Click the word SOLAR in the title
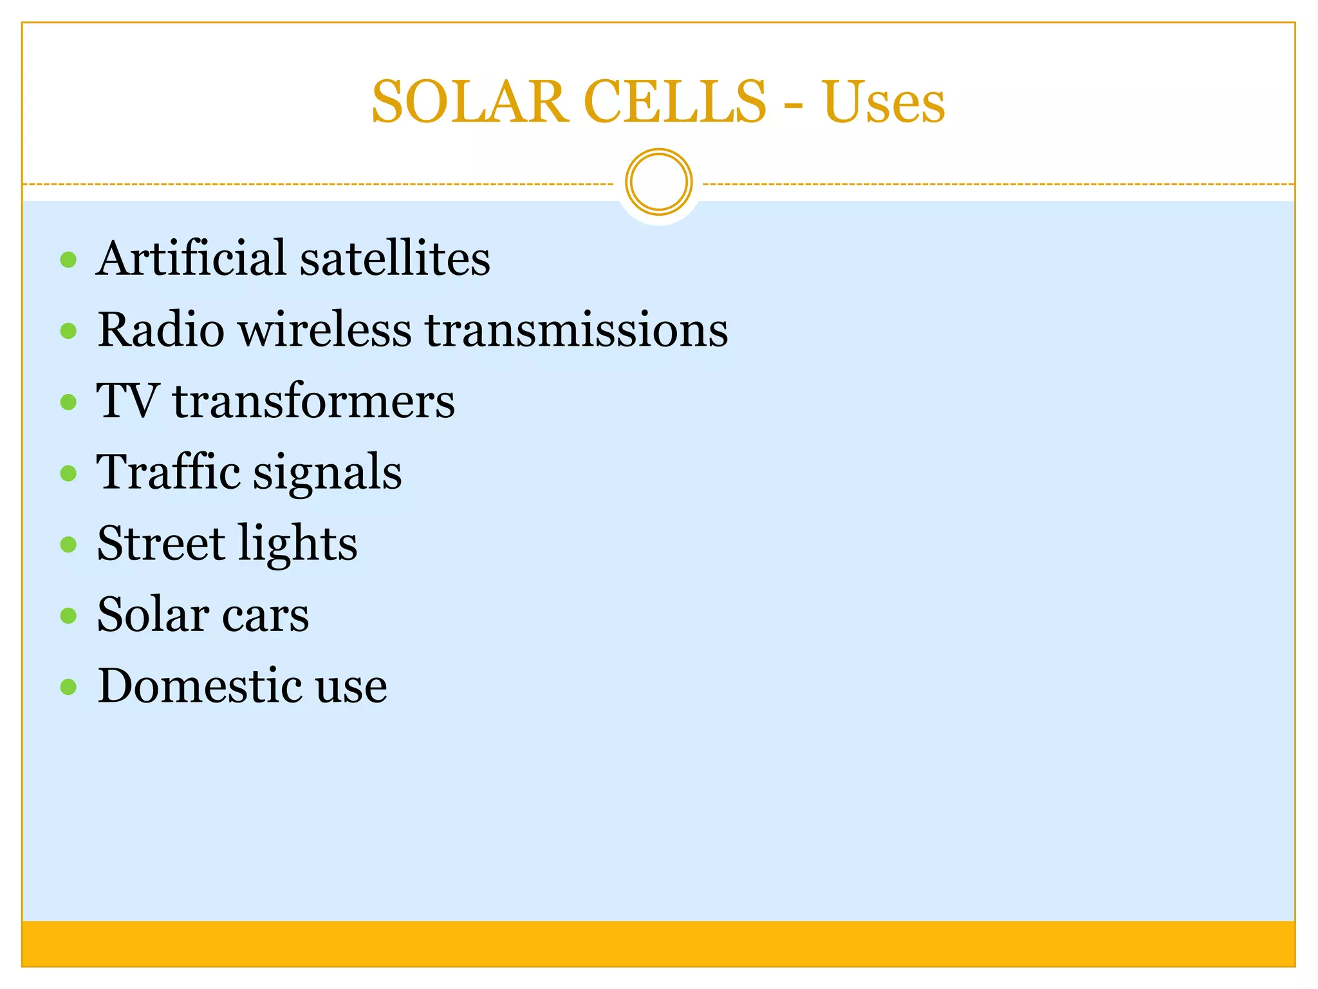point(470,102)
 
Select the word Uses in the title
point(883,102)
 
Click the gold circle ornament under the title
point(658,182)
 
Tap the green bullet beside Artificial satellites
point(68,260)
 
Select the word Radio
point(161,330)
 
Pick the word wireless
point(324,330)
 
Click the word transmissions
point(577,330)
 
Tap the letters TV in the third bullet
point(127,400)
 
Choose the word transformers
point(314,400)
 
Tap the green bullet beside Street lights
point(68,545)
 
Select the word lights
point(298,545)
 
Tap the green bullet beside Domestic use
point(68,687)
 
